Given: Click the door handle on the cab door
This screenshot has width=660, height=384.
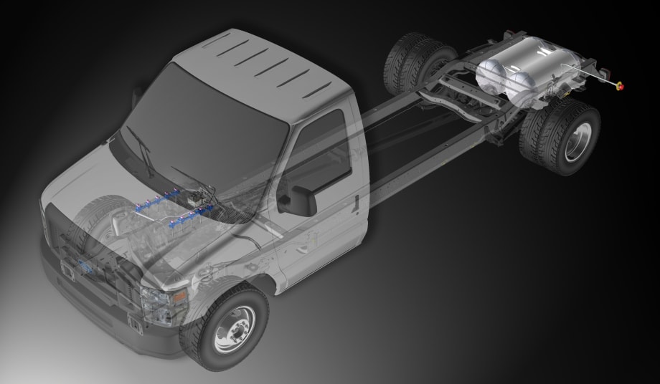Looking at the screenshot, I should (x=355, y=202).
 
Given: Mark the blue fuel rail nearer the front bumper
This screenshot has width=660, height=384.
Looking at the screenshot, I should (x=191, y=216).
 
